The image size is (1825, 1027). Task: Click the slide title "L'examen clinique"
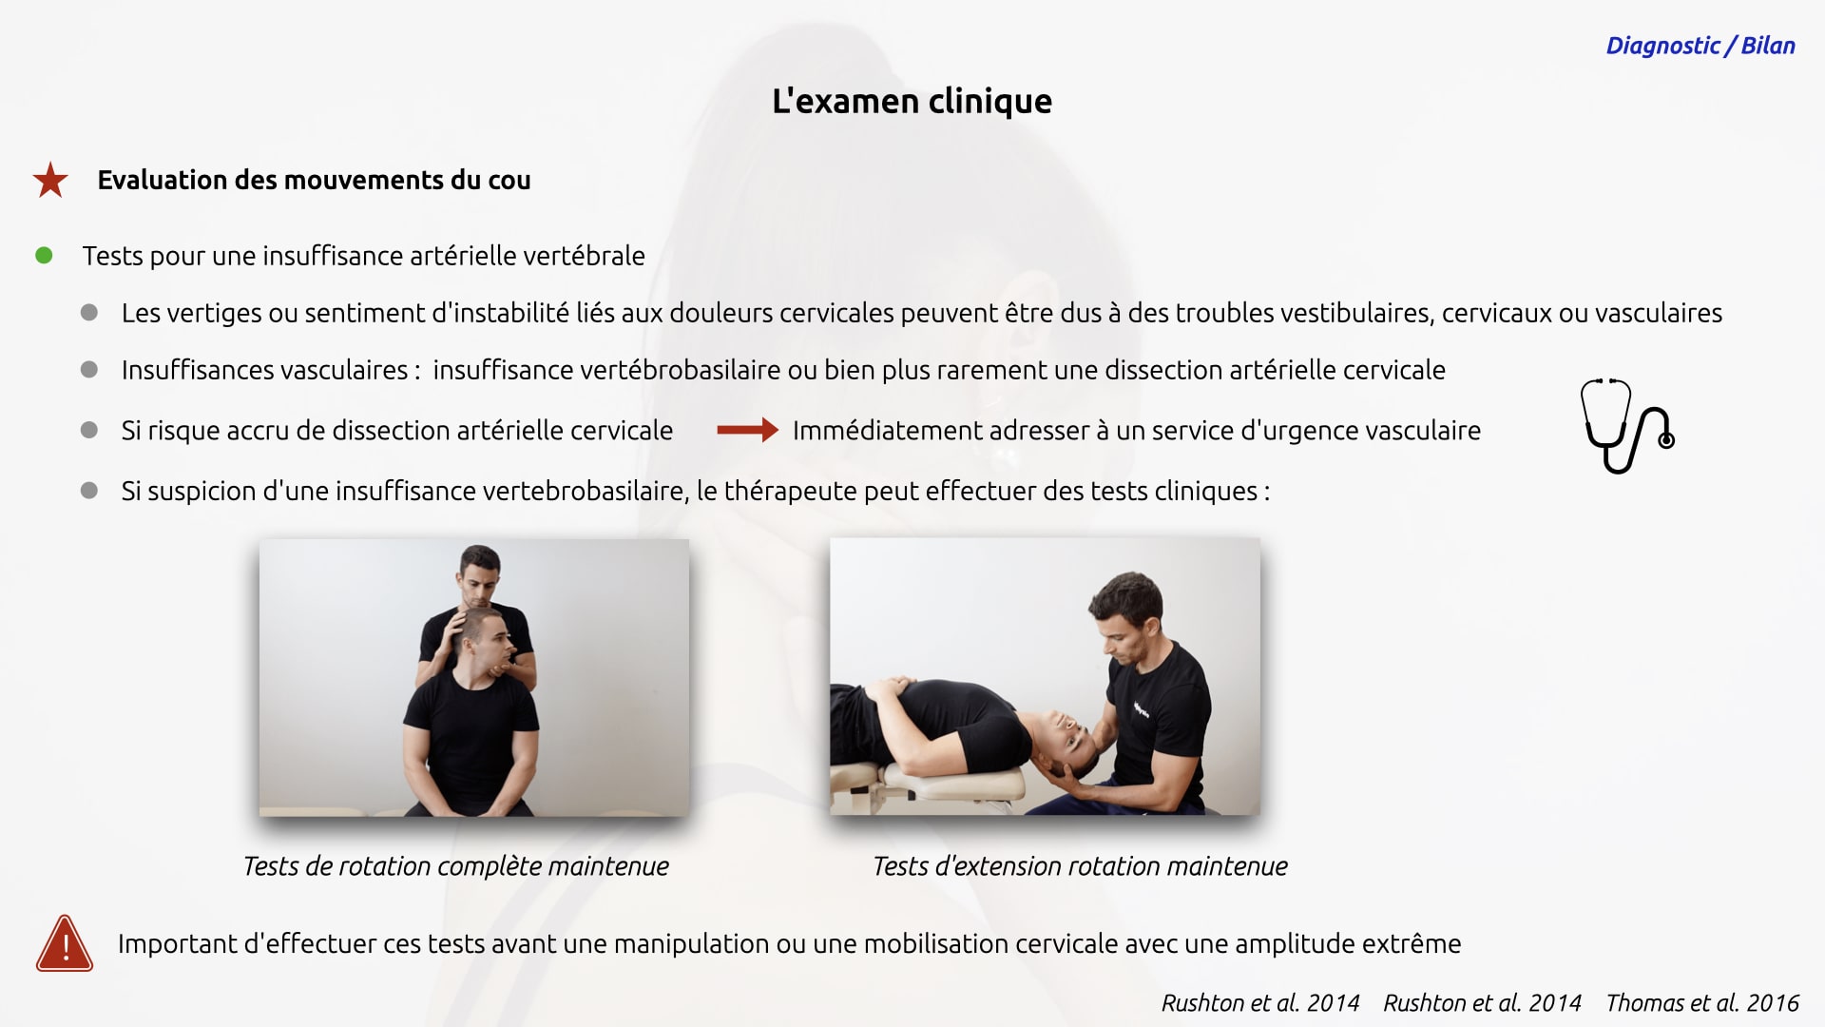tap(912, 101)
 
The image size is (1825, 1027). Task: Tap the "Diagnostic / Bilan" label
tap(1700, 46)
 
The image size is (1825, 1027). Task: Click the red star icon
tap(50, 180)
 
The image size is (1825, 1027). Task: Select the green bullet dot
tap(44, 255)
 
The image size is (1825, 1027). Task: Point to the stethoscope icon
tap(1626, 426)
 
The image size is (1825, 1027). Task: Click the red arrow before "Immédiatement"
tap(747, 431)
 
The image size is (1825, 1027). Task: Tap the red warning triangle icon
tap(65, 943)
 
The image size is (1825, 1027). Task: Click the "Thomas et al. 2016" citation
tap(1702, 1002)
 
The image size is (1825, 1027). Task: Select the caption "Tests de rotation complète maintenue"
tap(456, 866)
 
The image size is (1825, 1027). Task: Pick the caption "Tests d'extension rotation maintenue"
tap(1080, 866)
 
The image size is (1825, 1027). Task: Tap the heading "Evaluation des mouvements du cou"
tap(314, 180)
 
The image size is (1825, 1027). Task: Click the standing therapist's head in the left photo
tap(480, 575)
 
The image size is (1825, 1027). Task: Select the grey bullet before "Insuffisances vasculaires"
tap(89, 369)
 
